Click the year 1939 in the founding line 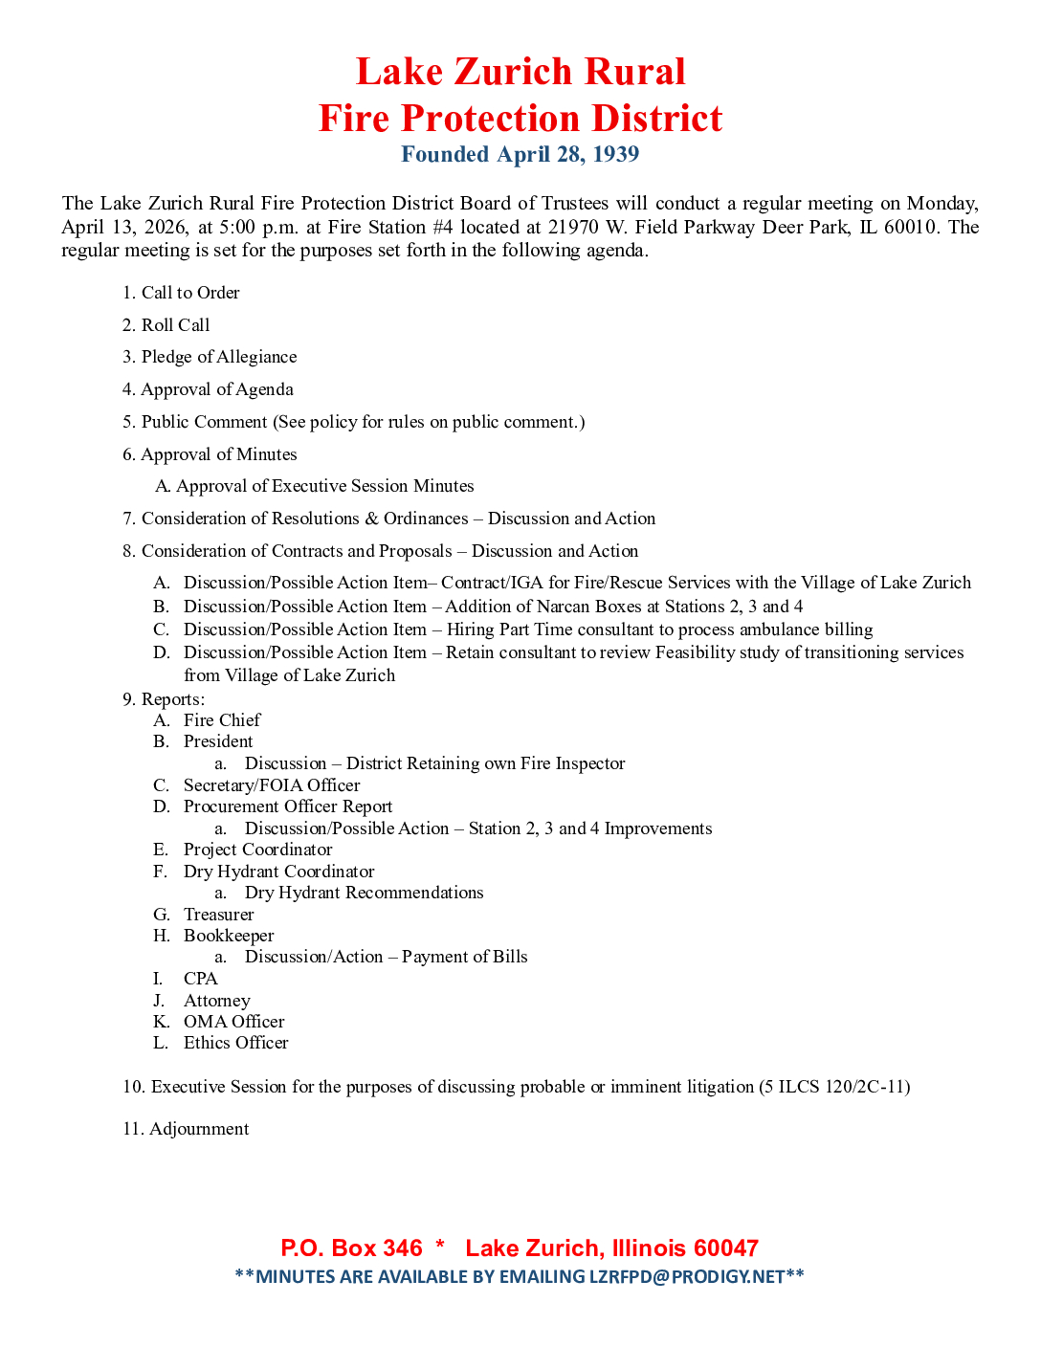tap(615, 154)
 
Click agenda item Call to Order tap(190, 293)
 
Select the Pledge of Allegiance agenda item tap(219, 357)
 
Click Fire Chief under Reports tap(222, 720)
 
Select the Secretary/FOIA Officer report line tap(272, 785)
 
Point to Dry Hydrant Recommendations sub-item tap(364, 893)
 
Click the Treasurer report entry tap(219, 915)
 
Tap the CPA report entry tap(201, 979)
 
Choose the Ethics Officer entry tap(235, 1043)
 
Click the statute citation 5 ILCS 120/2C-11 tap(834, 1087)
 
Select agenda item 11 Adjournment tap(199, 1129)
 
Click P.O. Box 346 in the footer tap(351, 1248)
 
